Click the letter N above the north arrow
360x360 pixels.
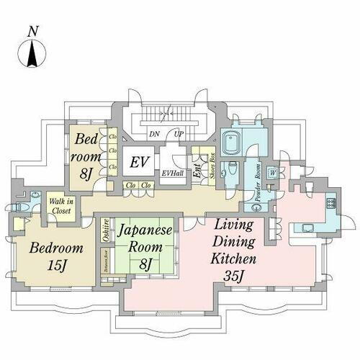(x=31, y=31)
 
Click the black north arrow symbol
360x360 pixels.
(x=31, y=54)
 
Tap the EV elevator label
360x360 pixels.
(x=139, y=162)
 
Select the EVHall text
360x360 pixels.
(x=172, y=173)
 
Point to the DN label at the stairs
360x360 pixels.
(x=153, y=133)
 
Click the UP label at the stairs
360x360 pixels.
(x=178, y=133)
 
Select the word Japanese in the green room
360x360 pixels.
(x=146, y=233)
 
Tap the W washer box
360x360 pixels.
(x=273, y=172)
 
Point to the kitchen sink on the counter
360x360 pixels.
(x=305, y=229)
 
